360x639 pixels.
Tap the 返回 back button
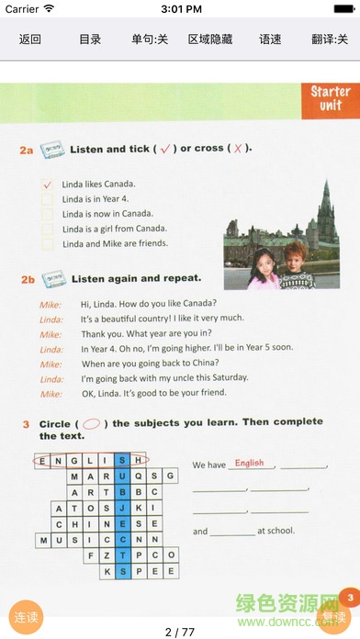(x=29, y=39)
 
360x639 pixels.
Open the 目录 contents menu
(x=90, y=39)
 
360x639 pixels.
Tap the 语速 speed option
(x=270, y=39)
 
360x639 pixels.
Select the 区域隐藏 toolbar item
(x=210, y=39)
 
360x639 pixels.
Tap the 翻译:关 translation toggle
(x=330, y=39)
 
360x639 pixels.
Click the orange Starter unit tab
(x=331, y=101)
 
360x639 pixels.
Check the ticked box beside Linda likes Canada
(x=47, y=185)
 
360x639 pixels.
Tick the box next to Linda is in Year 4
(x=47, y=199)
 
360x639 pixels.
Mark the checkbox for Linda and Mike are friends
(x=47, y=243)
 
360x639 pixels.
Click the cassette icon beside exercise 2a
(x=52, y=149)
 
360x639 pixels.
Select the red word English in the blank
(x=249, y=463)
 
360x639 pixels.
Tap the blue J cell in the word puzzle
(x=122, y=508)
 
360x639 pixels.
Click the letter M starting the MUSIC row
(x=43, y=541)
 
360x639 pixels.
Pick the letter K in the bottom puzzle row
(x=107, y=571)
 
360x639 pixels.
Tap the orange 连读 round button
(x=26, y=617)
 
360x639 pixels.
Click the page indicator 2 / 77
(x=180, y=632)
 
